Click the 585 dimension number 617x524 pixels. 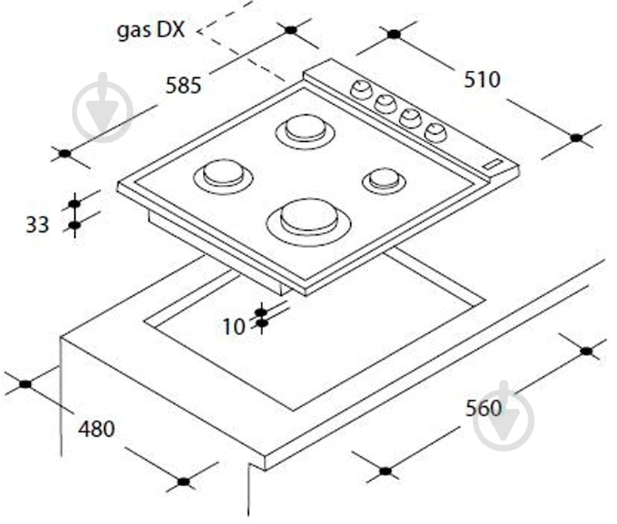pos(184,86)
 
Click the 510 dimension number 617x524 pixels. pos(482,80)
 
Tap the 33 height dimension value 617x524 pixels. pos(37,225)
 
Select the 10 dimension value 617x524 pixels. pos(234,327)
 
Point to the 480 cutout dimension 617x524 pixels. pos(96,428)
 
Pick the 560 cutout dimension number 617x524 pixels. pos(484,408)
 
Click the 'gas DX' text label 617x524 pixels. pos(150,30)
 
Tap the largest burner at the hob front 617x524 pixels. pos(308,222)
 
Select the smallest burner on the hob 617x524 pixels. pos(384,180)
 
